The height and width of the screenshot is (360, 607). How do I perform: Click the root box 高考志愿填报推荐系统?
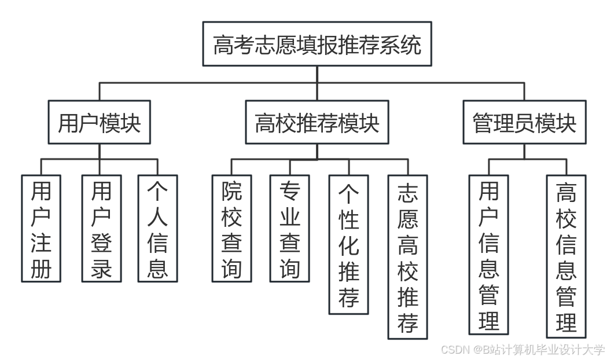317,44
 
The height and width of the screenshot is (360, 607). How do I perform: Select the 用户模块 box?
99,123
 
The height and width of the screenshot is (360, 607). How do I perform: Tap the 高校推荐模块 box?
317,123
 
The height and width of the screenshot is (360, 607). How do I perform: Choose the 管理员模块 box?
524,123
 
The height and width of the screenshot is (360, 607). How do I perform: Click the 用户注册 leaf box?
41,229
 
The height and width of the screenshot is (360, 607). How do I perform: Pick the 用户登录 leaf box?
101,229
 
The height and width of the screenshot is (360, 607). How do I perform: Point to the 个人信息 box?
157,229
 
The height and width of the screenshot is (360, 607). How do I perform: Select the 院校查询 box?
231,229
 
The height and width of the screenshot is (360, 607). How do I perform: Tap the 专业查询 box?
289,229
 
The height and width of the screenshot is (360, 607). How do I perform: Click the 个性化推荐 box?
348,244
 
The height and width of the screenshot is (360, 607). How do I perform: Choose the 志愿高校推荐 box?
407,257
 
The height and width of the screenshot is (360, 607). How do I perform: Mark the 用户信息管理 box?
489,255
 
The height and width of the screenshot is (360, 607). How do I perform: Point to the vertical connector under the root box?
317,74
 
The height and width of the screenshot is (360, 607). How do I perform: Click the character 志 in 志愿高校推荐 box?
407,193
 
